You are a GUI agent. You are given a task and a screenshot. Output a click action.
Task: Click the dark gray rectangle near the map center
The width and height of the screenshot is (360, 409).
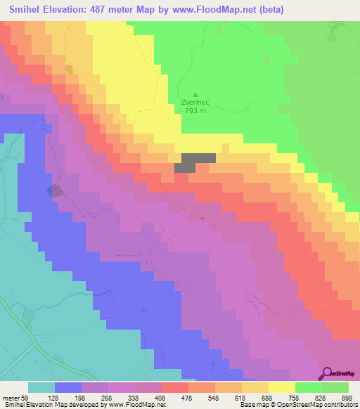195,163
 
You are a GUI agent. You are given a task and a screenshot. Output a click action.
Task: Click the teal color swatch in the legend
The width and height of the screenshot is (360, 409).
41,387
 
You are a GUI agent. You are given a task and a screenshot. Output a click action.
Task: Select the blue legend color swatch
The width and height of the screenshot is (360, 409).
67,387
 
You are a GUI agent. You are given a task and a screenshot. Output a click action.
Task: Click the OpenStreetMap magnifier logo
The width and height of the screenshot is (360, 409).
327,372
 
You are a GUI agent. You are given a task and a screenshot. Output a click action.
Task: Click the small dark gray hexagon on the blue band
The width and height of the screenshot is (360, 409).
53,190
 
